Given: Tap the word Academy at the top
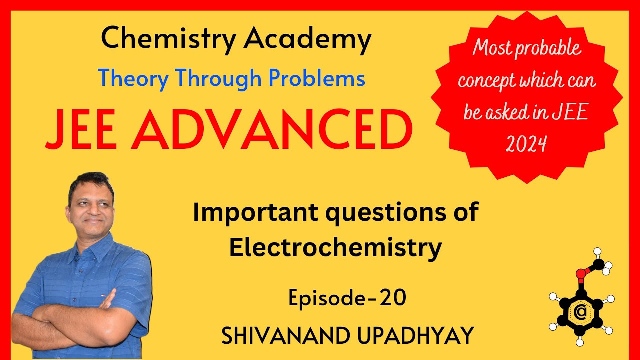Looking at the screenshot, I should click(307, 40).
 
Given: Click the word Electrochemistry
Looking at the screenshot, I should click(335, 247).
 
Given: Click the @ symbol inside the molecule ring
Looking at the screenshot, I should click(580, 313).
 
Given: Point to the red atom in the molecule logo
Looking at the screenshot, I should click(580, 274).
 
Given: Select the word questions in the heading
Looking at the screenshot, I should click(385, 213).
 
